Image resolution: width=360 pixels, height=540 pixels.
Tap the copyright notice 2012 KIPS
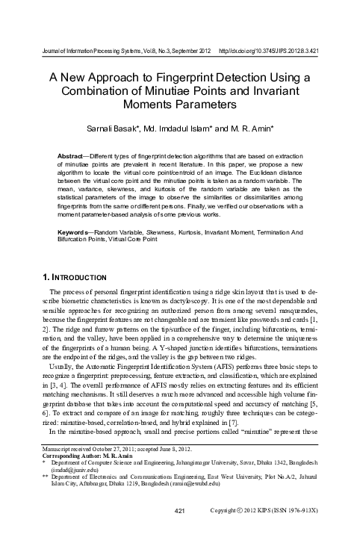point(291,531)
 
